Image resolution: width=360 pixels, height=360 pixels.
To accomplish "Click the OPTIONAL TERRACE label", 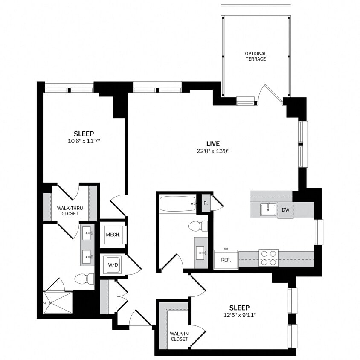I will [x=255, y=56].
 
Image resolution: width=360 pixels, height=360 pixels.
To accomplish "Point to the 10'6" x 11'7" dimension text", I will [x=84, y=140].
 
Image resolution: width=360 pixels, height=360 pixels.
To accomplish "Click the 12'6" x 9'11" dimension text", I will [x=239, y=315].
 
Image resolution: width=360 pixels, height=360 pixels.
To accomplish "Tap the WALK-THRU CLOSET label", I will [x=70, y=211].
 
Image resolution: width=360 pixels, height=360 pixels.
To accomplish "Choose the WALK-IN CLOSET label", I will [x=179, y=337].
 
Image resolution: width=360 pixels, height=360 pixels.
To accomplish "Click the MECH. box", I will [x=113, y=235].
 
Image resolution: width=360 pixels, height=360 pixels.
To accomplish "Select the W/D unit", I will [x=113, y=264].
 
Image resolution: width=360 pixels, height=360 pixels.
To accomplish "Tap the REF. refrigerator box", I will [x=226, y=260].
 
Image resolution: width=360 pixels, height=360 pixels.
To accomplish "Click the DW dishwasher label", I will [x=285, y=209].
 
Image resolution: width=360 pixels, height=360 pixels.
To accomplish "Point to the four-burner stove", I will [x=268, y=258].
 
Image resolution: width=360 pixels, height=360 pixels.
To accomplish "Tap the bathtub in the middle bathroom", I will [x=177, y=204].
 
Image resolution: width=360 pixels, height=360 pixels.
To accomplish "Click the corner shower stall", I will [x=58, y=303].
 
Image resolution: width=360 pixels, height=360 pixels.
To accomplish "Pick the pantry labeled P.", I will [x=206, y=203].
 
